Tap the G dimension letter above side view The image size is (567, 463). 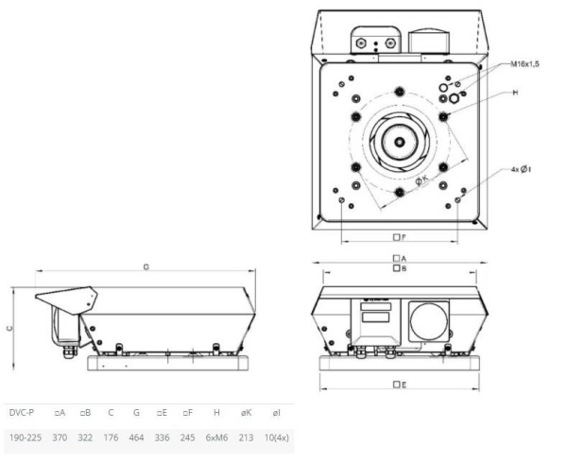146,267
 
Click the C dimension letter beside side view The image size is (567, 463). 10,326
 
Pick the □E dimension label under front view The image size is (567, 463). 400,385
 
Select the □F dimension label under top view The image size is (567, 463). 399,236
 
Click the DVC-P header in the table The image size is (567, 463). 20,414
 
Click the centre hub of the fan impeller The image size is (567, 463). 401,142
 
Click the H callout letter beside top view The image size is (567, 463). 515,94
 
